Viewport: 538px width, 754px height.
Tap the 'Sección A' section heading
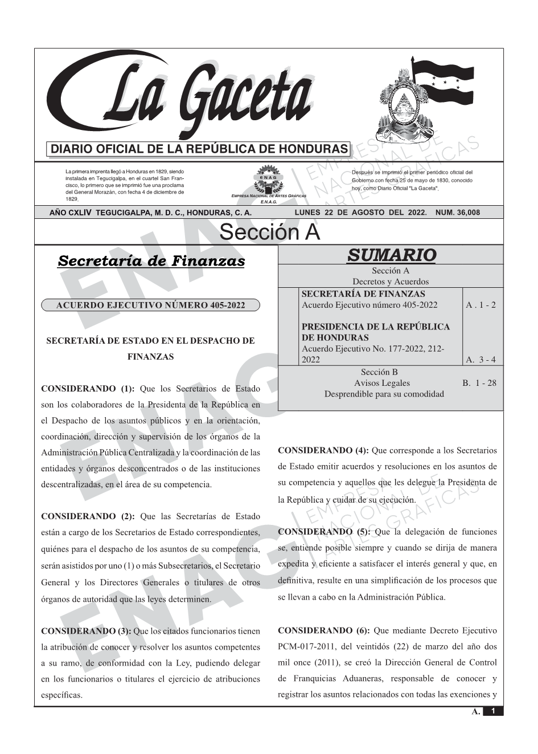tap(269, 233)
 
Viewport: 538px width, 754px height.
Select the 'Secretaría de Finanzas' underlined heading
tap(151, 262)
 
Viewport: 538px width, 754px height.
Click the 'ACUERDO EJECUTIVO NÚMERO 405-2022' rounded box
tap(150, 305)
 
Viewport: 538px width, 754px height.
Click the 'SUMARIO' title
tap(391, 255)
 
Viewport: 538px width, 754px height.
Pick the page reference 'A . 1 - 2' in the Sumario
tap(480, 305)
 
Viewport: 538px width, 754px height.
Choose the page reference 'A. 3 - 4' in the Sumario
tap(480, 360)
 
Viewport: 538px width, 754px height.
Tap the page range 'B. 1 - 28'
tap(479, 383)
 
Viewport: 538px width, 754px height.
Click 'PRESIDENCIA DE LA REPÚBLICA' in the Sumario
tap(375, 327)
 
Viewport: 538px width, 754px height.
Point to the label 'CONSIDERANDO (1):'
tap(88, 389)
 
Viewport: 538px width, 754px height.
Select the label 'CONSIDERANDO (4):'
tap(323, 451)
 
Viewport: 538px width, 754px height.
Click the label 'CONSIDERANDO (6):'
tap(323, 631)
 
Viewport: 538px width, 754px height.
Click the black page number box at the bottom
tap(493, 711)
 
